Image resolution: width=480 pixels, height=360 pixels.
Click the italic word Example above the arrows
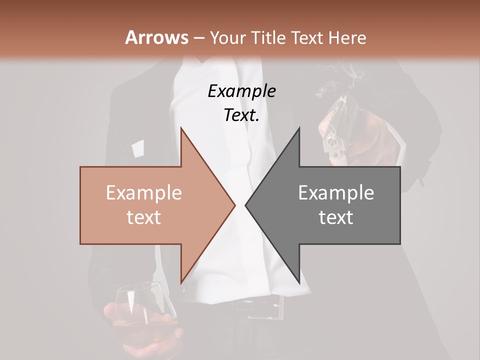tap(241, 91)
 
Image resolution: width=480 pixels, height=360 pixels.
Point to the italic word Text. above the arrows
tap(241, 115)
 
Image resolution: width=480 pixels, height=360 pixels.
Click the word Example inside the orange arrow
tap(143, 193)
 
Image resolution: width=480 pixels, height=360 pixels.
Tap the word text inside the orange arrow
tap(143, 217)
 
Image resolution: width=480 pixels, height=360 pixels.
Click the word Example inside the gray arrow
tap(336, 193)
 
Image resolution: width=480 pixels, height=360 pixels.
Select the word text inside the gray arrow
tap(336, 217)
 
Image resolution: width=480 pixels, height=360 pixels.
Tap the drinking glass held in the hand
tap(142, 310)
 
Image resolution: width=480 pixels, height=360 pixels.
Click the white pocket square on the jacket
tap(137, 148)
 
